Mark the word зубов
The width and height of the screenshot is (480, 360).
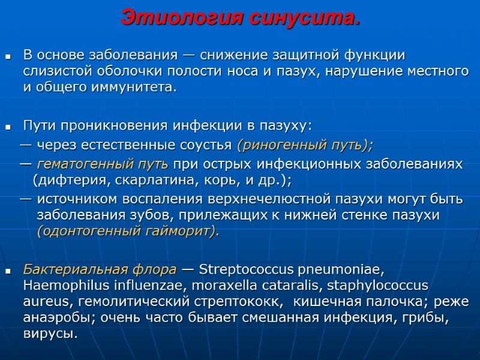142,215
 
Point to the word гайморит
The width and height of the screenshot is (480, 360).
180,232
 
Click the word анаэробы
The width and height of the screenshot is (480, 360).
52,317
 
